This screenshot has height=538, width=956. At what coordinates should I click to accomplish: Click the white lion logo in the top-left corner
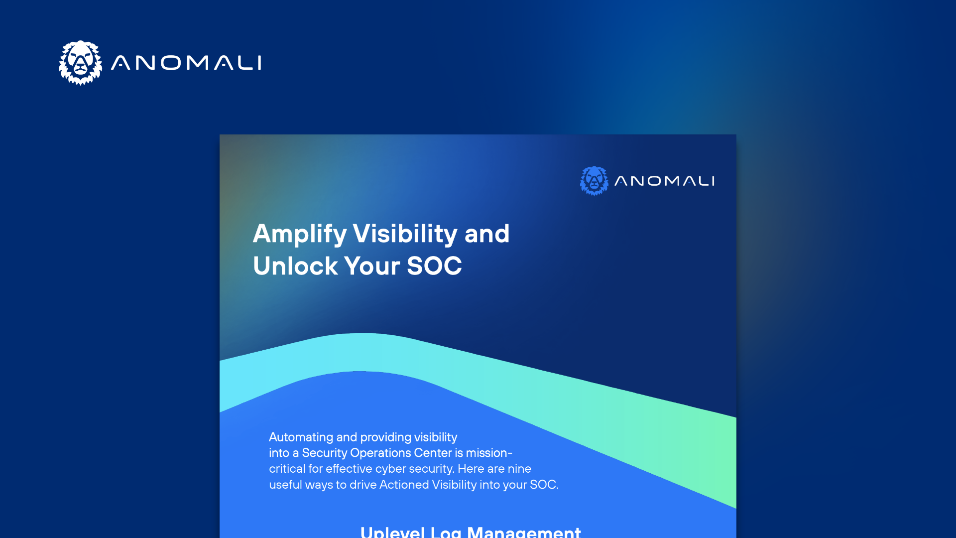[81, 63]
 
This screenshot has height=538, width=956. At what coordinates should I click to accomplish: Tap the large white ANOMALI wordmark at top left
[186, 63]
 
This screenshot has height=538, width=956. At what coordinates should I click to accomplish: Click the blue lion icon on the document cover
[594, 181]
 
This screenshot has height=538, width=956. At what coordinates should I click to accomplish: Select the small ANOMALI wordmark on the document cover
[665, 181]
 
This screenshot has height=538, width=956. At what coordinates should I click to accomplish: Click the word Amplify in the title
[300, 234]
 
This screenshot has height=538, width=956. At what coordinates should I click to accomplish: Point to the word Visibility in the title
[405, 234]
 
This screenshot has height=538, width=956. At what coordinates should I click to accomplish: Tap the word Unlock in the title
[295, 266]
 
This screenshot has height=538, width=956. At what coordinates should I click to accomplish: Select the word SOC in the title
[434, 266]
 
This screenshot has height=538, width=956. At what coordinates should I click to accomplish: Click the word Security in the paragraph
[324, 453]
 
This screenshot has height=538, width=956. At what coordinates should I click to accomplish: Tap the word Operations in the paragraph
[380, 453]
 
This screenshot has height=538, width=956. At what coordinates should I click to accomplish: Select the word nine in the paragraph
[519, 469]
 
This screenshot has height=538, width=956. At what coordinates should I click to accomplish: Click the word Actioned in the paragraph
[404, 485]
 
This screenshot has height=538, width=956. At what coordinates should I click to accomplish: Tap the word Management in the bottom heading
[524, 532]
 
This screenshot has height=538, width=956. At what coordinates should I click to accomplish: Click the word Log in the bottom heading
[446, 532]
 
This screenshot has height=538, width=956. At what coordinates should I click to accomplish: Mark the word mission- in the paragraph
[489, 453]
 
